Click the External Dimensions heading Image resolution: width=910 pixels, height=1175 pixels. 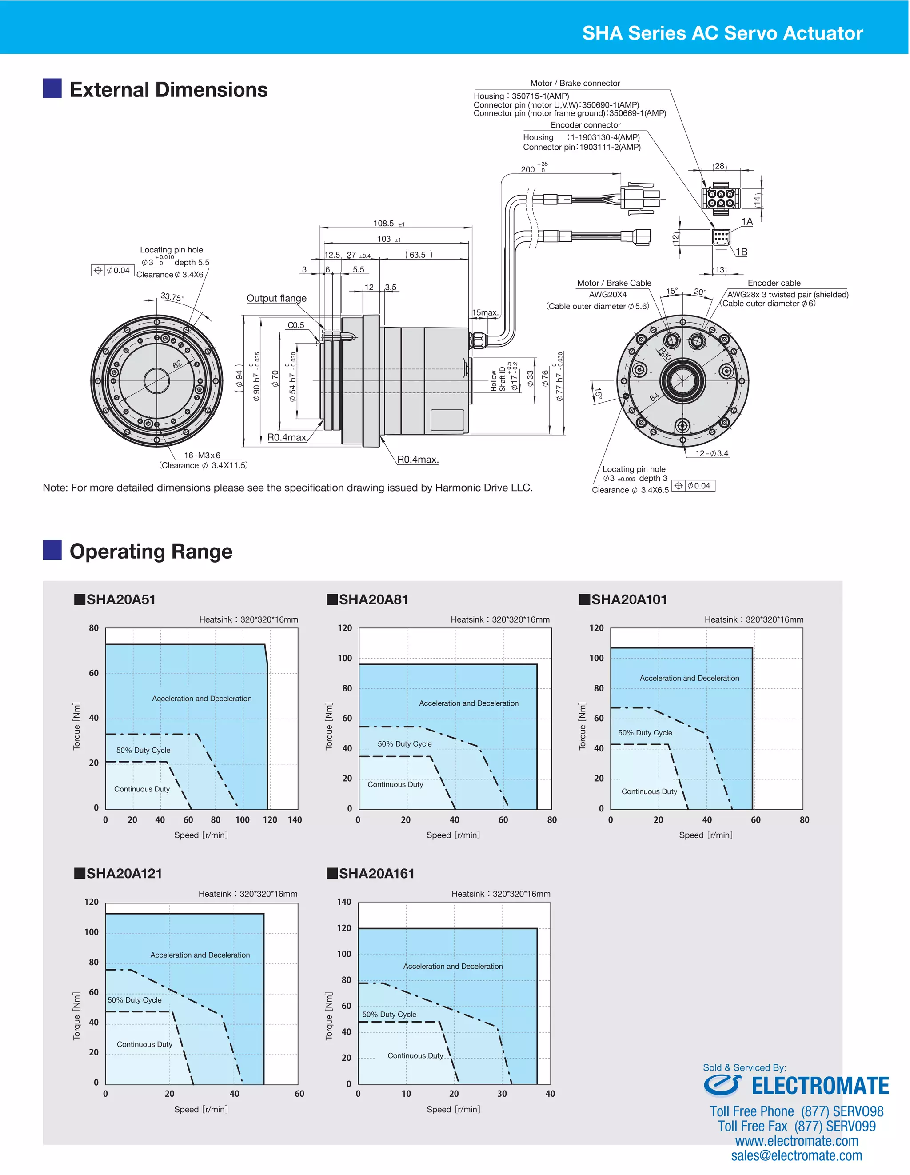tap(168, 90)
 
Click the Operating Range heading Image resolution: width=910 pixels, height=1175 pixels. tap(151, 552)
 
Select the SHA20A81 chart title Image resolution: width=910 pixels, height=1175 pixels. tap(373, 599)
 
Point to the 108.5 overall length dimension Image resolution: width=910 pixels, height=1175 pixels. tap(384, 223)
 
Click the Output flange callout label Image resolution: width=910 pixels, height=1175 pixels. tap(276, 298)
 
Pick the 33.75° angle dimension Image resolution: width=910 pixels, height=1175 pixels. tap(172, 296)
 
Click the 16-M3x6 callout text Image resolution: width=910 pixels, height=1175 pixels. tap(202, 455)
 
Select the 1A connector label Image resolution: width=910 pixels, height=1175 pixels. tap(747, 221)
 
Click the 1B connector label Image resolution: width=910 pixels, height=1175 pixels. tap(742, 252)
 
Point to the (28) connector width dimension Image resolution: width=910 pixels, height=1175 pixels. tap(720, 166)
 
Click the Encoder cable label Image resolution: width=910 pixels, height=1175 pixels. tap(774, 283)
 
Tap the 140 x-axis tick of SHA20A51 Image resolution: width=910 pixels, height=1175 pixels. tap(295, 820)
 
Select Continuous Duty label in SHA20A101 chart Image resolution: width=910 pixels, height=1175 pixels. tap(649, 791)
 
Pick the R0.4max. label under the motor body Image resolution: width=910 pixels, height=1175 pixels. tap(418, 460)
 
